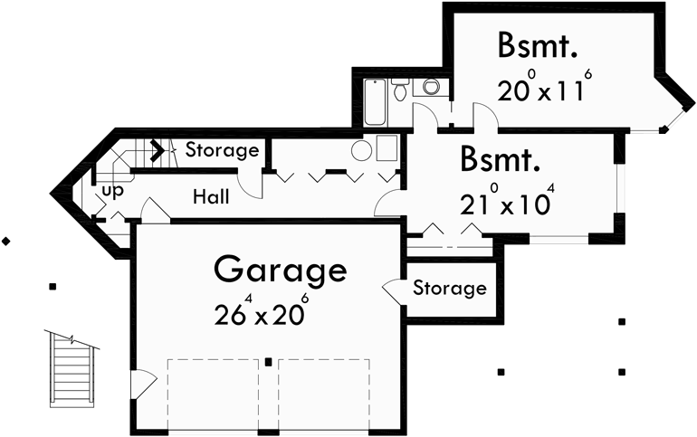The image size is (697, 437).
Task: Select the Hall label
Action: coord(210,196)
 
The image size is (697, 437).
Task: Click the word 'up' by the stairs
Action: coord(112,191)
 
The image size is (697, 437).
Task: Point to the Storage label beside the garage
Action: coord(449,289)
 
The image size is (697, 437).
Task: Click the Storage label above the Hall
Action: coord(222,150)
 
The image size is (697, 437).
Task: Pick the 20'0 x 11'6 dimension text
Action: coord(544,90)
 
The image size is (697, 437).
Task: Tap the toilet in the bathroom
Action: coord(431,88)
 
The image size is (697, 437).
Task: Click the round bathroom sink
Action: coord(400,88)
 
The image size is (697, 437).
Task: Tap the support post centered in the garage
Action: coord(269,362)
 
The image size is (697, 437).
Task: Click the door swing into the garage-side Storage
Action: coord(395,290)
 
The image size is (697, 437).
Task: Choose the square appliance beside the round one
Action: coord(387,147)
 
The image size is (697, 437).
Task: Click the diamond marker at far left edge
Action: coord(6,241)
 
